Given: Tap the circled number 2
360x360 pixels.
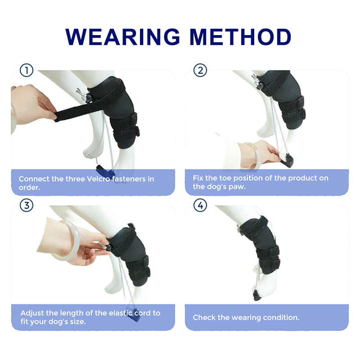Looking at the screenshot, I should click(x=200, y=70).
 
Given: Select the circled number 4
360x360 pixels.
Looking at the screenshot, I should click(x=200, y=206).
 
